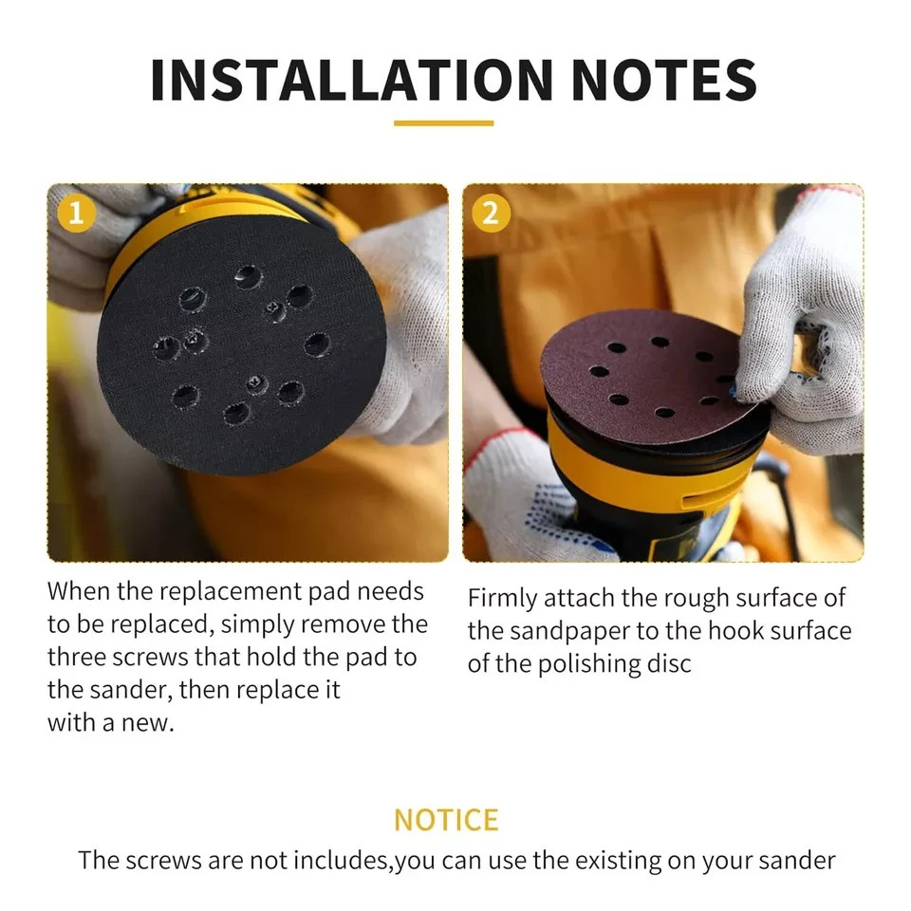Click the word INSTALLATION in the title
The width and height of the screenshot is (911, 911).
351,80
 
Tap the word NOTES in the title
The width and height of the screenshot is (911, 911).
663,80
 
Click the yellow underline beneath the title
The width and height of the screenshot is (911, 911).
443,123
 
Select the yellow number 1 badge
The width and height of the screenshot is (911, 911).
76,214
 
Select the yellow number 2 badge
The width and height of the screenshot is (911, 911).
491,214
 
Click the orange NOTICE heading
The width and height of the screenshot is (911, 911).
446,820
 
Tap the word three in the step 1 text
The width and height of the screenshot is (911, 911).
76,657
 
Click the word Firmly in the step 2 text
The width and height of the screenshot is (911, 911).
503,599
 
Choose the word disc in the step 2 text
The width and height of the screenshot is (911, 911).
669,663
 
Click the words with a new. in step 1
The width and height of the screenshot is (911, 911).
111,723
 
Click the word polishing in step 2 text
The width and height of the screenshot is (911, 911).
586,664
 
